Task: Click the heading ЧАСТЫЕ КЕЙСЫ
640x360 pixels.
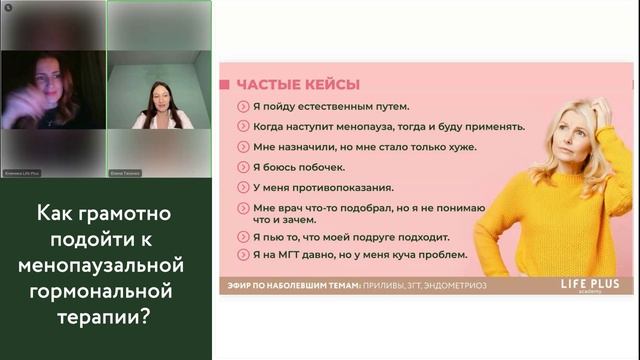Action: [x=296, y=85]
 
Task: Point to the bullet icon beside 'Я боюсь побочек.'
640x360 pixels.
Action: [x=243, y=167]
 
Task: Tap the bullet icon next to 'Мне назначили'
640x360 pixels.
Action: [x=243, y=147]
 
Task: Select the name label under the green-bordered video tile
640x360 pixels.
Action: [x=125, y=172]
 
